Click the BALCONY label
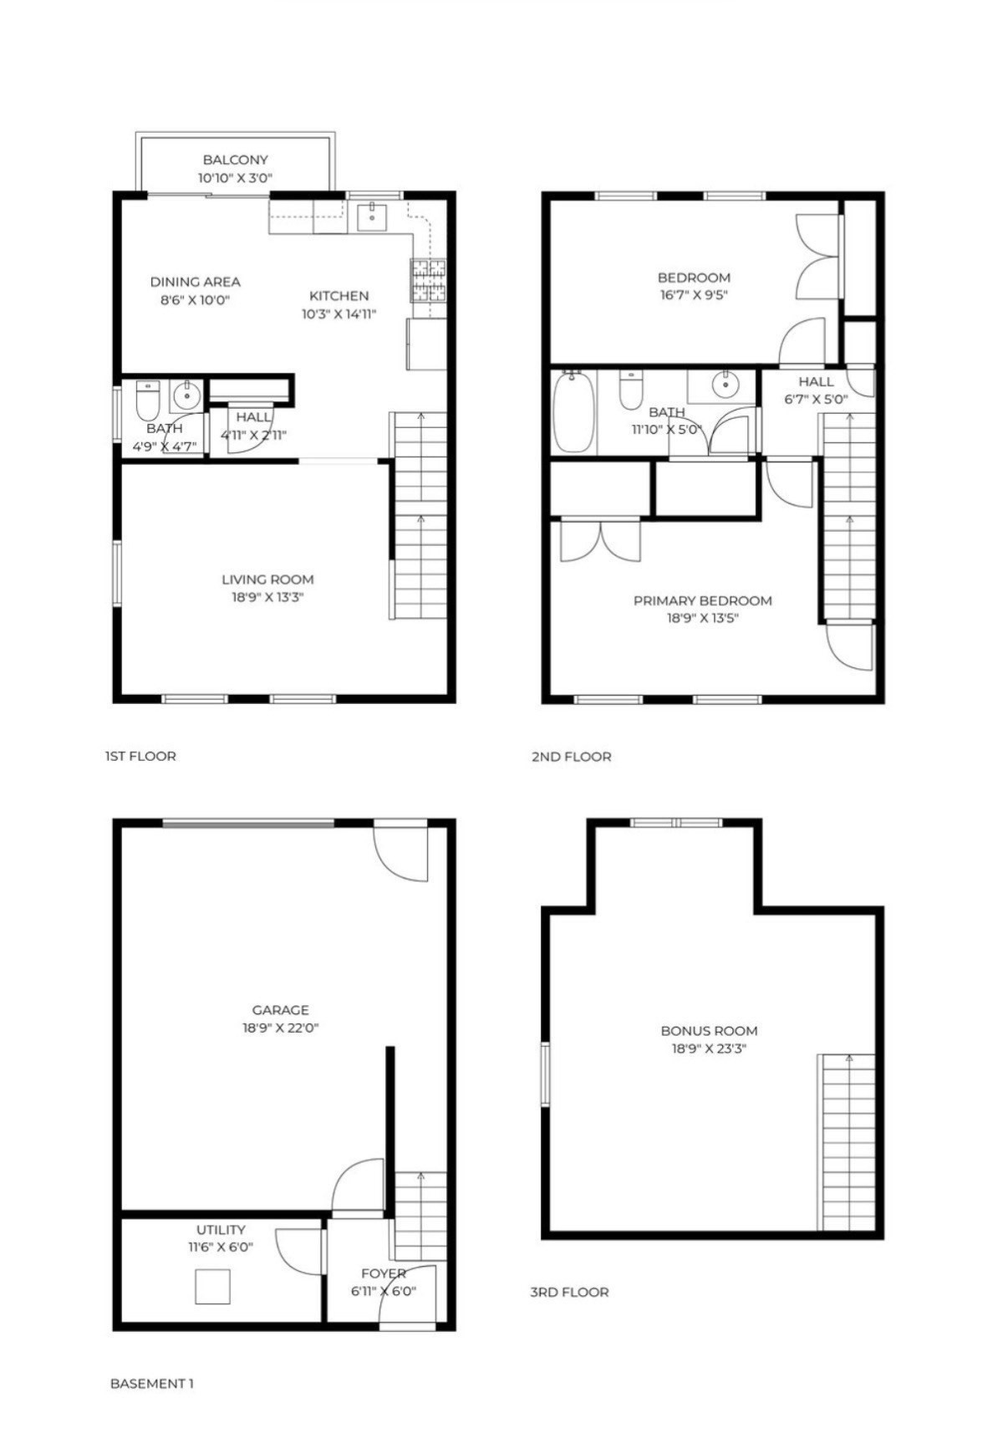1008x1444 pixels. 235,160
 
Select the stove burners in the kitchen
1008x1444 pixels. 428,280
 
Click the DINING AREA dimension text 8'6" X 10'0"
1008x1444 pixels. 195,300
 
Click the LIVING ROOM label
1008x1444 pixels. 267,579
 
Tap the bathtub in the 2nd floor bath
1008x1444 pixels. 573,411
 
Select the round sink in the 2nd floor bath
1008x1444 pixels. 725,385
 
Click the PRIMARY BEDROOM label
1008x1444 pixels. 702,600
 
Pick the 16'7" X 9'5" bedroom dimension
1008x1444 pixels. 694,295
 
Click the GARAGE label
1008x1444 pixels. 280,1010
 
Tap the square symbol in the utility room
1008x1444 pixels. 212,1286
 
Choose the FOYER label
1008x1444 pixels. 384,1273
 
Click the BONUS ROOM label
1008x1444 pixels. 709,1031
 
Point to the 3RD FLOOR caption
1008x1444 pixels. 569,1292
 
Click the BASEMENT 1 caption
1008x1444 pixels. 152,1384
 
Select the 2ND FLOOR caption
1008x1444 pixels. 571,757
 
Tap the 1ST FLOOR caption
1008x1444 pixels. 140,756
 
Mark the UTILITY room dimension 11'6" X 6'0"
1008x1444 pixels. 221,1247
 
